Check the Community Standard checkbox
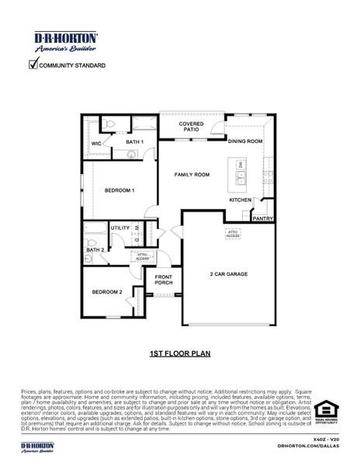coord(33,65)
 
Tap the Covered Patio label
coord(192,127)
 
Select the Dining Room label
coord(245,141)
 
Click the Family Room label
coord(192,175)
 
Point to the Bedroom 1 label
coord(120,190)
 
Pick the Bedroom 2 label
coord(107,292)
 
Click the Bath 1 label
coord(135,142)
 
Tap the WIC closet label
coord(97,144)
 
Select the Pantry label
coord(263,219)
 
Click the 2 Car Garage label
coord(228,273)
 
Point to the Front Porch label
coord(164,280)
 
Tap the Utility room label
coord(120,228)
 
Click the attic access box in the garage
coord(233,232)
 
